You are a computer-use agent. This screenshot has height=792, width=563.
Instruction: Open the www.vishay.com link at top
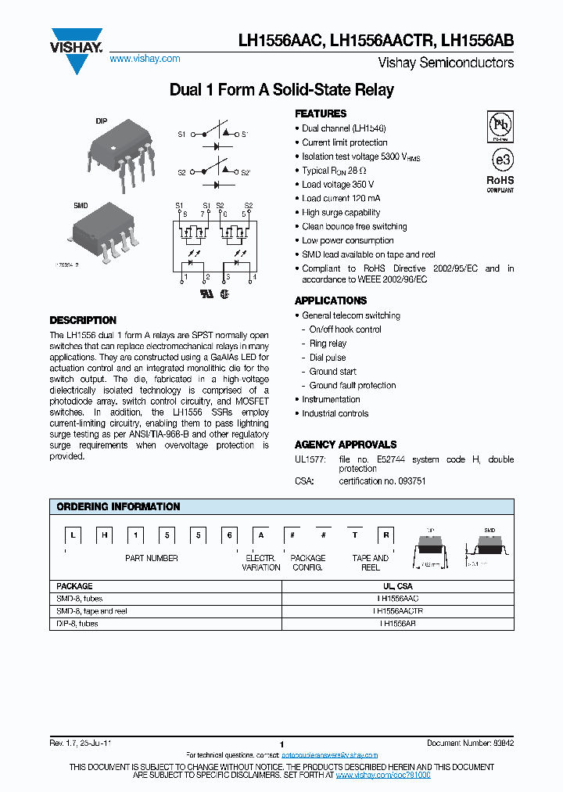click(145, 59)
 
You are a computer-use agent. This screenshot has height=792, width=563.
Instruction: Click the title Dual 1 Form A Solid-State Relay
click(281, 90)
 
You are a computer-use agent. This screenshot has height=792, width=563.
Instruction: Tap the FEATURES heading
click(321, 113)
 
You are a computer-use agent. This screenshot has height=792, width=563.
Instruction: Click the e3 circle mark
click(500, 160)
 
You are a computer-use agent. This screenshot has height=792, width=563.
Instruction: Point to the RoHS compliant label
click(500, 183)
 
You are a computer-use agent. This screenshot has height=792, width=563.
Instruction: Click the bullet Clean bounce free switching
click(354, 227)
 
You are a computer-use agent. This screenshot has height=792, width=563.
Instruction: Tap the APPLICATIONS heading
click(331, 301)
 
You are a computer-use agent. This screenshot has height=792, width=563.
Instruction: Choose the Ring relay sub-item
click(328, 344)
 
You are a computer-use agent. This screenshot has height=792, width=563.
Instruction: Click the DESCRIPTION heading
click(83, 320)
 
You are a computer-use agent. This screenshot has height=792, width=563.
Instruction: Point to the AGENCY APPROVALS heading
click(346, 445)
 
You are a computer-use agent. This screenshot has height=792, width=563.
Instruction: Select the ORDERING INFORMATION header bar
click(281, 507)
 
